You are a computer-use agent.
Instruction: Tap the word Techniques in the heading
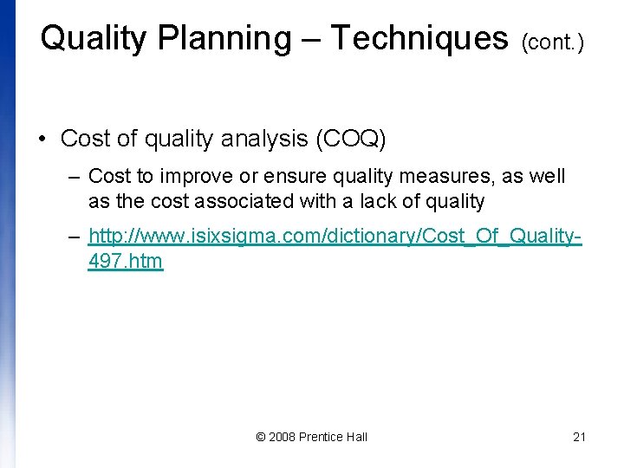[419, 39]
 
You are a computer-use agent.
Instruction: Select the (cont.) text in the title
[552, 42]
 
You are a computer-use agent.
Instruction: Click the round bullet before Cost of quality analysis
[42, 139]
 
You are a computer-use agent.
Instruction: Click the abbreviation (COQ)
[354, 139]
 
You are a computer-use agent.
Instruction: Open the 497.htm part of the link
[125, 261]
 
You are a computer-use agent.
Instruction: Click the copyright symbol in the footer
[261, 437]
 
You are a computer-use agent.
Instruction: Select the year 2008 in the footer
[282, 437]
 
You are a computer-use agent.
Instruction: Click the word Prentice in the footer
[320, 437]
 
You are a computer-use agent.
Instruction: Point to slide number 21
[580, 437]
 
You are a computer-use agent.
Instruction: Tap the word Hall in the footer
[356, 437]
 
